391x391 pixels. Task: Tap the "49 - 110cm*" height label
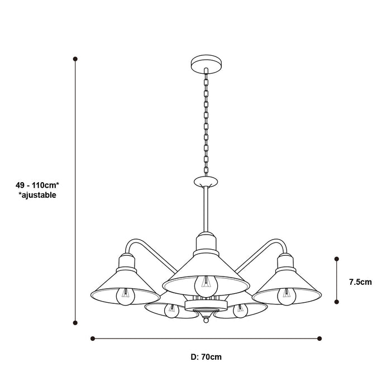37,185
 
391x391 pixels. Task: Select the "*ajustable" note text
37,195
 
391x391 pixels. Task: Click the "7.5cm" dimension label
360,282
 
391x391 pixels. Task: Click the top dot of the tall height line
75,58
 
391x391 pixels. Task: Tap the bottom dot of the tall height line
75,322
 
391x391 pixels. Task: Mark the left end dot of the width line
92,338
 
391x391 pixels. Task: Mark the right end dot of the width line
320,338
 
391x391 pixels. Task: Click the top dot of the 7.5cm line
336,259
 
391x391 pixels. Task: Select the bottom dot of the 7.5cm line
336,302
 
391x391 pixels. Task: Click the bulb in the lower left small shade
169,311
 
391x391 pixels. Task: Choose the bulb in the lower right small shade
240,311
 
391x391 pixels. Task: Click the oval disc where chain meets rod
205,182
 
